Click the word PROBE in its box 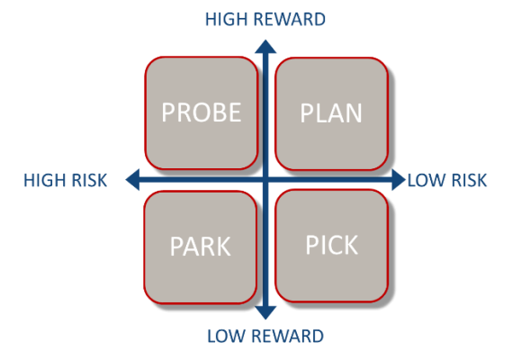pos(202,112)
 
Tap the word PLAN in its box pos(331,113)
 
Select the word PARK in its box pos(200,247)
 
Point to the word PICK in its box pos(332,245)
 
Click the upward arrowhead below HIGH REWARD pos(265,47)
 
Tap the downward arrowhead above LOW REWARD pos(265,313)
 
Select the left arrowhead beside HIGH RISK pos(132,179)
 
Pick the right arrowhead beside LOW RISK pos(399,179)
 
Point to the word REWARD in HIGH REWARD pos(290,19)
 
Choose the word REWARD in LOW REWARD pos(288,337)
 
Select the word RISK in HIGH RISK pos(89,180)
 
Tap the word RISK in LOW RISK pos(470,180)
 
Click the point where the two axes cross pos(265,179)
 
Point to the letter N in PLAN pos(354,113)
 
